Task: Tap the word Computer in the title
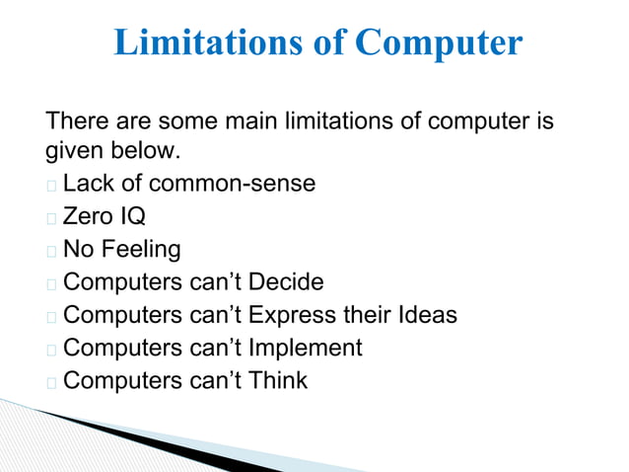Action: [x=438, y=43]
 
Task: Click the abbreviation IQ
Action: [x=132, y=216]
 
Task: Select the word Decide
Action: [x=286, y=282]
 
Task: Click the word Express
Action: [x=296, y=315]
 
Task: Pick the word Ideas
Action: [x=428, y=315]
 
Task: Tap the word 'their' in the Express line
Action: [x=374, y=315]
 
